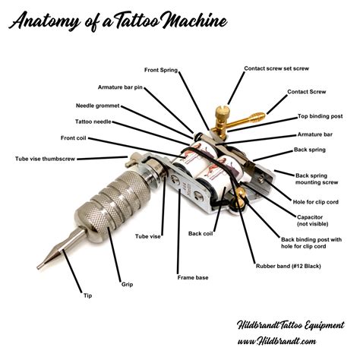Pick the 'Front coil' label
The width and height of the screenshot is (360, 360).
tap(73, 138)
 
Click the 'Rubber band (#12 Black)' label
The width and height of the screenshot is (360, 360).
tap(292, 265)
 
